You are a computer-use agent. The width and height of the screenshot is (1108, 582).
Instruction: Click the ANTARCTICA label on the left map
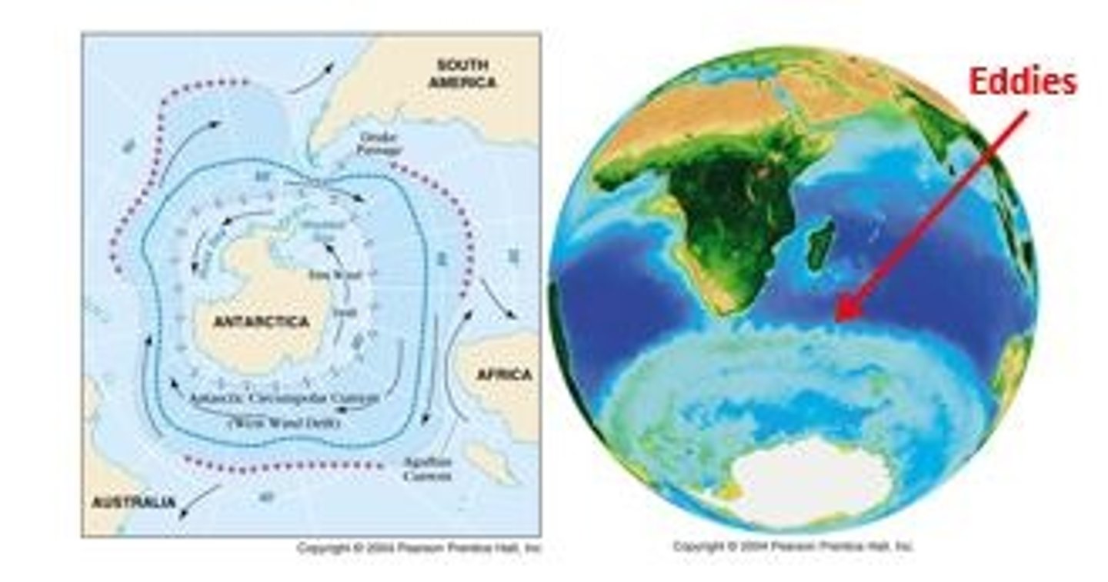click(262, 321)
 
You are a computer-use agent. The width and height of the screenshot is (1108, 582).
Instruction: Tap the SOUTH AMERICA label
click(462, 74)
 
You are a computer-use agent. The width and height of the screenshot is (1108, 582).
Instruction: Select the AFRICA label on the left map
click(504, 374)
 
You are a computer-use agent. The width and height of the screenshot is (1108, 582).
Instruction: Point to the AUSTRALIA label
click(133, 503)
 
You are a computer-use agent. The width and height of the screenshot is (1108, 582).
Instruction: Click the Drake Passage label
click(379, 144)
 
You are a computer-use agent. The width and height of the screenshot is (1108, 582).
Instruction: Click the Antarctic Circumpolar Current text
click(284, 399)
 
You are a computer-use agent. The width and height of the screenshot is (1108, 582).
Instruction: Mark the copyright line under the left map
click(419, 548)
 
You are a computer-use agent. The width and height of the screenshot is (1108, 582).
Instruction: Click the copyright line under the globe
click(793, 547)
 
